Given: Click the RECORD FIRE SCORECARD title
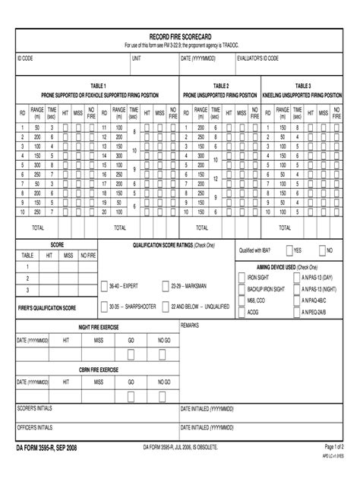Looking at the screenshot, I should tap(180, 36).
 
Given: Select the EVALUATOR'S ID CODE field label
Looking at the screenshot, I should tap(257, 58).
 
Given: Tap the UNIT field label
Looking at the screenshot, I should tap(137, 58).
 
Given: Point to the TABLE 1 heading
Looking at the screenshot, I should tap(99, 86).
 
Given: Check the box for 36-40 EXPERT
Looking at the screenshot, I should tap(104, 286).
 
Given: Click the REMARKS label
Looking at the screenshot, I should tap(190, 325).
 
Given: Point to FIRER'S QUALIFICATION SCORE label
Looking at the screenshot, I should tap(47, 308).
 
